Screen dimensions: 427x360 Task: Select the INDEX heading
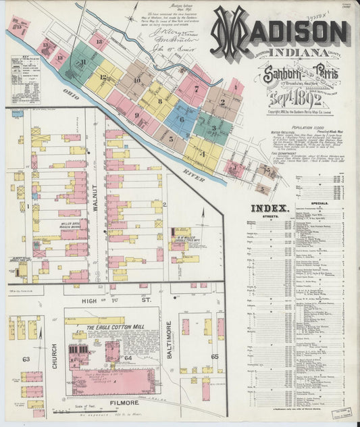(x=270, y=208)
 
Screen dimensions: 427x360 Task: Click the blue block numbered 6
(x=182, y=120)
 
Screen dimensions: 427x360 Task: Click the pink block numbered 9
(x=136, y=115)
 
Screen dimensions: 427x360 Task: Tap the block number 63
(x=26, y=359)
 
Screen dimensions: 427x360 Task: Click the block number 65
(x=214, y=355)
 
